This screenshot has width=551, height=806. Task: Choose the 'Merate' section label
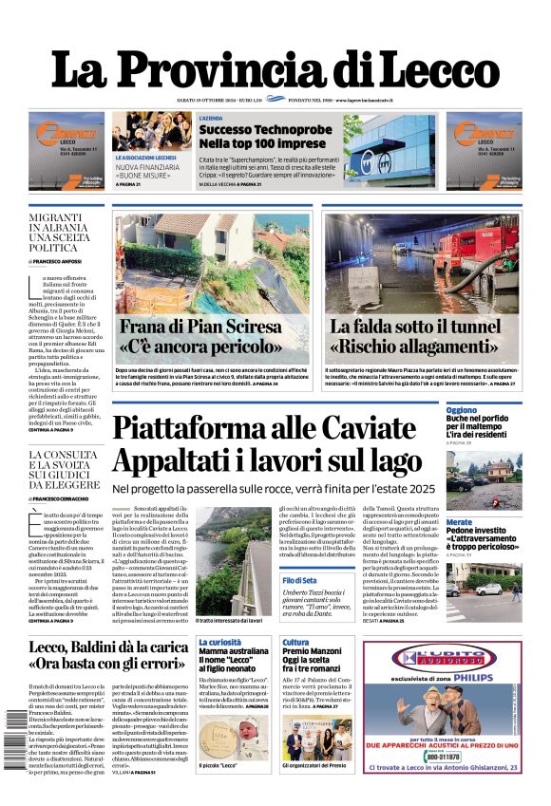[459, 522]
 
